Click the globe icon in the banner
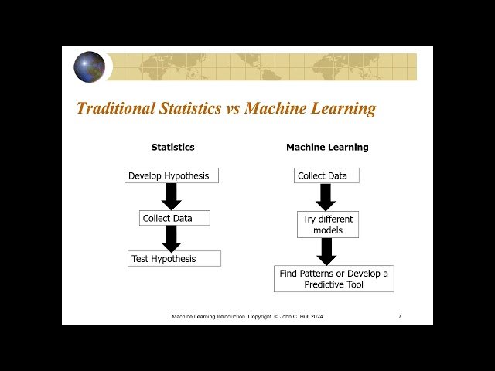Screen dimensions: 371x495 pos(89,67)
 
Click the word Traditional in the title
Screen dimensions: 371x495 pos(114,108)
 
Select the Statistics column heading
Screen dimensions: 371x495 pos(172,147)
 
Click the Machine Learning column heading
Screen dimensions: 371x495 pos(327,147)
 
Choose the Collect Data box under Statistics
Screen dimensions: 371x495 pos(167,218)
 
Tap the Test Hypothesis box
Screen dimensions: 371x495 pos(174,259)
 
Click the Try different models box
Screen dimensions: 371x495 pos(327,224)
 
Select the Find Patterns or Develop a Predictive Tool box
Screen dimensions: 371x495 pos(333,278)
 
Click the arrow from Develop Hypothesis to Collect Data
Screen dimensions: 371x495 pos(172,196)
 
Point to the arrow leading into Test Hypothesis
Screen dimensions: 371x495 pos(172,238)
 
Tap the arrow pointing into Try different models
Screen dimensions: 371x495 pos(326,197)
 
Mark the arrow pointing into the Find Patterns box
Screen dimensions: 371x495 pos(326,251)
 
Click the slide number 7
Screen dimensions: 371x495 pos(399,317)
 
